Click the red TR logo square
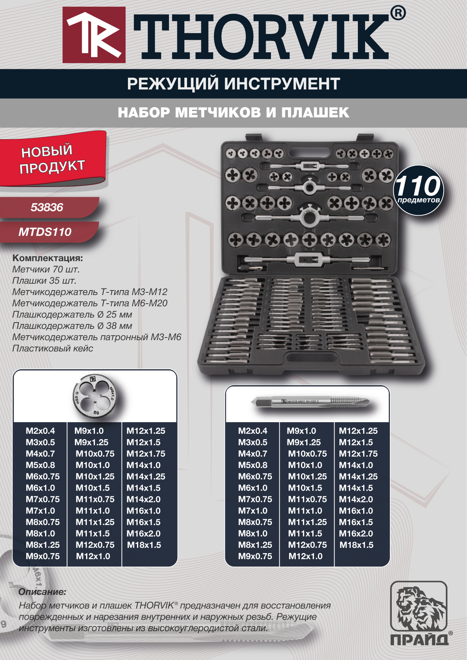[94, 35]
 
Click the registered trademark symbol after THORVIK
[398, 14]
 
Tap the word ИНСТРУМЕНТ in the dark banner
[282, 84]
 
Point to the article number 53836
[47, 207]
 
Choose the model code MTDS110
[45, 232]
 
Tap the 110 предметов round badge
[418, 190]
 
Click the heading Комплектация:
[47, 258]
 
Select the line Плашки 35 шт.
[44, 281]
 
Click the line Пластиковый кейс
[53, 348]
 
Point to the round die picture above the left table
[94, 396]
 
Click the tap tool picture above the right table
[311, 402]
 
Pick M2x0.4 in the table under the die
[40, 431]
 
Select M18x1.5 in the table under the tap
[356, 545]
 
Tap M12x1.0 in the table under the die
[93, 556]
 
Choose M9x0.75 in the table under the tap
[255, 556]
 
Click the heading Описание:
[42, 592]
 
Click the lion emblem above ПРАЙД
[418, 607]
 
